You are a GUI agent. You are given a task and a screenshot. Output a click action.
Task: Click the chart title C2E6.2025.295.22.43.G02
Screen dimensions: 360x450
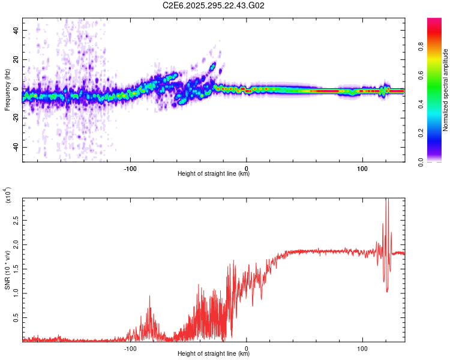pos(214,5)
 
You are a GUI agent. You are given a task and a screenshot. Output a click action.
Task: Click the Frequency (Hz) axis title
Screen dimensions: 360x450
pos(7,90)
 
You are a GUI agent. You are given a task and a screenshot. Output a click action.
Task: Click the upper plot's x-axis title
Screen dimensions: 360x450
pos(214,174)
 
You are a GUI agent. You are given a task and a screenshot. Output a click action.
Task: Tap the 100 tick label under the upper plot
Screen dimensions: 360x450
pos(362,168)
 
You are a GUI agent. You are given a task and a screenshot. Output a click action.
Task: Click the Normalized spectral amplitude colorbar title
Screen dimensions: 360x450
pos(445,90)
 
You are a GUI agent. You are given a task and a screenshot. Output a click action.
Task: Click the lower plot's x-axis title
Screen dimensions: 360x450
pos(214,354)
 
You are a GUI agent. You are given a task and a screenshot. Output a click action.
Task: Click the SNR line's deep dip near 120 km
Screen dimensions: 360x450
pos(387,291)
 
